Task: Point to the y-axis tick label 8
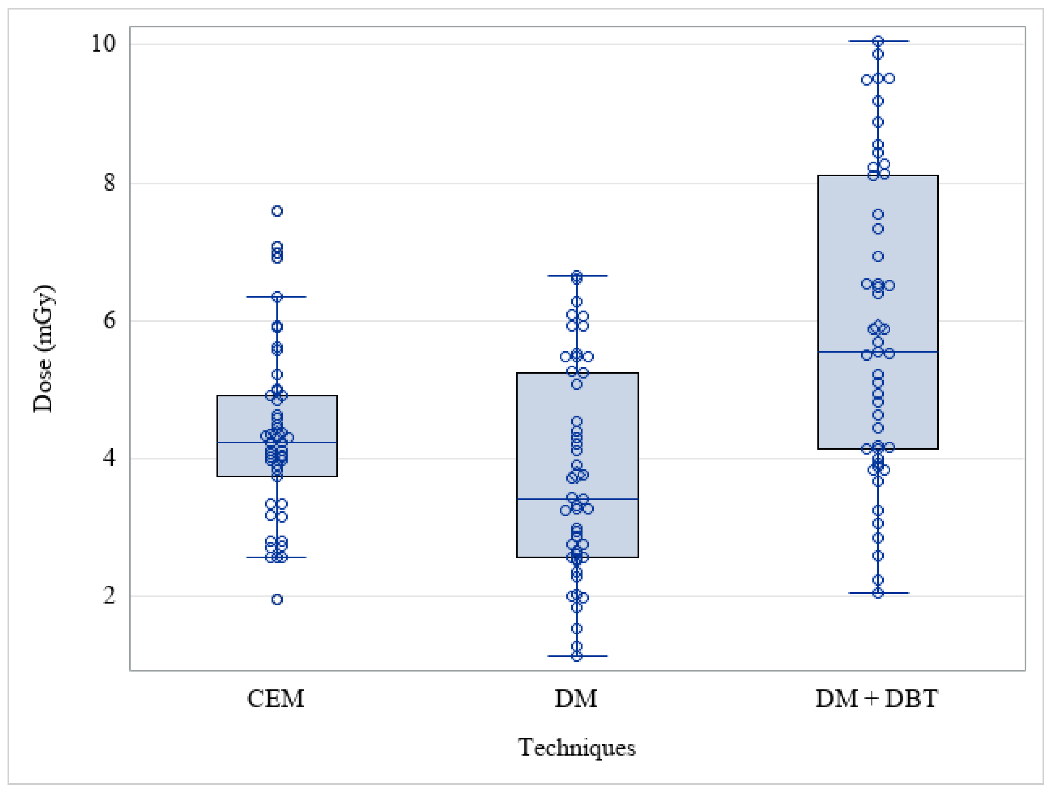click(x=109, y=182)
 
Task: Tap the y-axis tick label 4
click(x=109, y=458)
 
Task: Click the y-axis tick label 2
click(x=109, y=595)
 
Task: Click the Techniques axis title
click(x=577, y=747)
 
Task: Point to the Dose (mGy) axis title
click(x=44, y=349)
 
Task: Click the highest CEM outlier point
click(x=277, y=211)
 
